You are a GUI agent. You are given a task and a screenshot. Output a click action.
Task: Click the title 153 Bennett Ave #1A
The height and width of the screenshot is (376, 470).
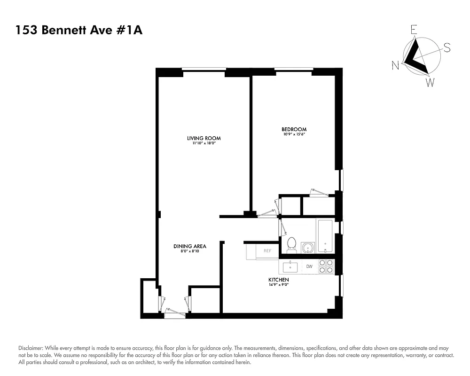click(x=79, y=31)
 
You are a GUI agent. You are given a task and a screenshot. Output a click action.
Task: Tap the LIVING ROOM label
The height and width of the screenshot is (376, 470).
click(x=204, y=138)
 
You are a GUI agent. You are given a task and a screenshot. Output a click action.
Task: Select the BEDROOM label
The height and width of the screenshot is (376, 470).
click(x=294, y=129)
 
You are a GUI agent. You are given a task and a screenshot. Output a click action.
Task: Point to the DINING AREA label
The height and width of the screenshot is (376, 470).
click(x=189, y=246)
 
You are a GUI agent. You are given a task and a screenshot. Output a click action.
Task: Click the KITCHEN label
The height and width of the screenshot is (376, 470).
click(x=279, y=280)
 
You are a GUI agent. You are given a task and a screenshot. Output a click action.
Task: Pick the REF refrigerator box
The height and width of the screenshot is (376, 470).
click(x=266, y=251)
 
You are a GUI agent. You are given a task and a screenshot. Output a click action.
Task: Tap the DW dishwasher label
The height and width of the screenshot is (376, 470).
click(x=309, y=266)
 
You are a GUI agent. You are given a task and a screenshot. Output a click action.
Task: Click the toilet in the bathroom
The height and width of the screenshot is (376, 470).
click(x=291, y=245)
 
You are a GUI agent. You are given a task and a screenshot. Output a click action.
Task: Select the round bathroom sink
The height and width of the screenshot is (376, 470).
click(x=308, y=247)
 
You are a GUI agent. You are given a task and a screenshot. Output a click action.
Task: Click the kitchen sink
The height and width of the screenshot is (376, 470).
click(x=290, y=267)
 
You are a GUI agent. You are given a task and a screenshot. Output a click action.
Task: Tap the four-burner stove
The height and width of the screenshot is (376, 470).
click(x=326, y=266)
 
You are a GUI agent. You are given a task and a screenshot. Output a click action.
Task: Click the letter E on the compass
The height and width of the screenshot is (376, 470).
click(x=414, y=29)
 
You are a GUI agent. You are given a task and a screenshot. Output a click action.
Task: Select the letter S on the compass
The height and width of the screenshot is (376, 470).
click(x=447, y=47)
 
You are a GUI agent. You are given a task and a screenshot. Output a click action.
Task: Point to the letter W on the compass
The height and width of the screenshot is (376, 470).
click(x=430, y=83)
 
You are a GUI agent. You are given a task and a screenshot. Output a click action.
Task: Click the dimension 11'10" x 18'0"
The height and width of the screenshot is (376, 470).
click(x=204, y=143)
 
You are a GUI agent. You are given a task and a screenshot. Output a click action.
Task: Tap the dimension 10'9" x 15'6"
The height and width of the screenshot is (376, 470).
click(x=294, y=134)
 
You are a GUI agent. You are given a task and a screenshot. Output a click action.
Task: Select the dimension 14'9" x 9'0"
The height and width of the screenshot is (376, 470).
click(x=279, y=285)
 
